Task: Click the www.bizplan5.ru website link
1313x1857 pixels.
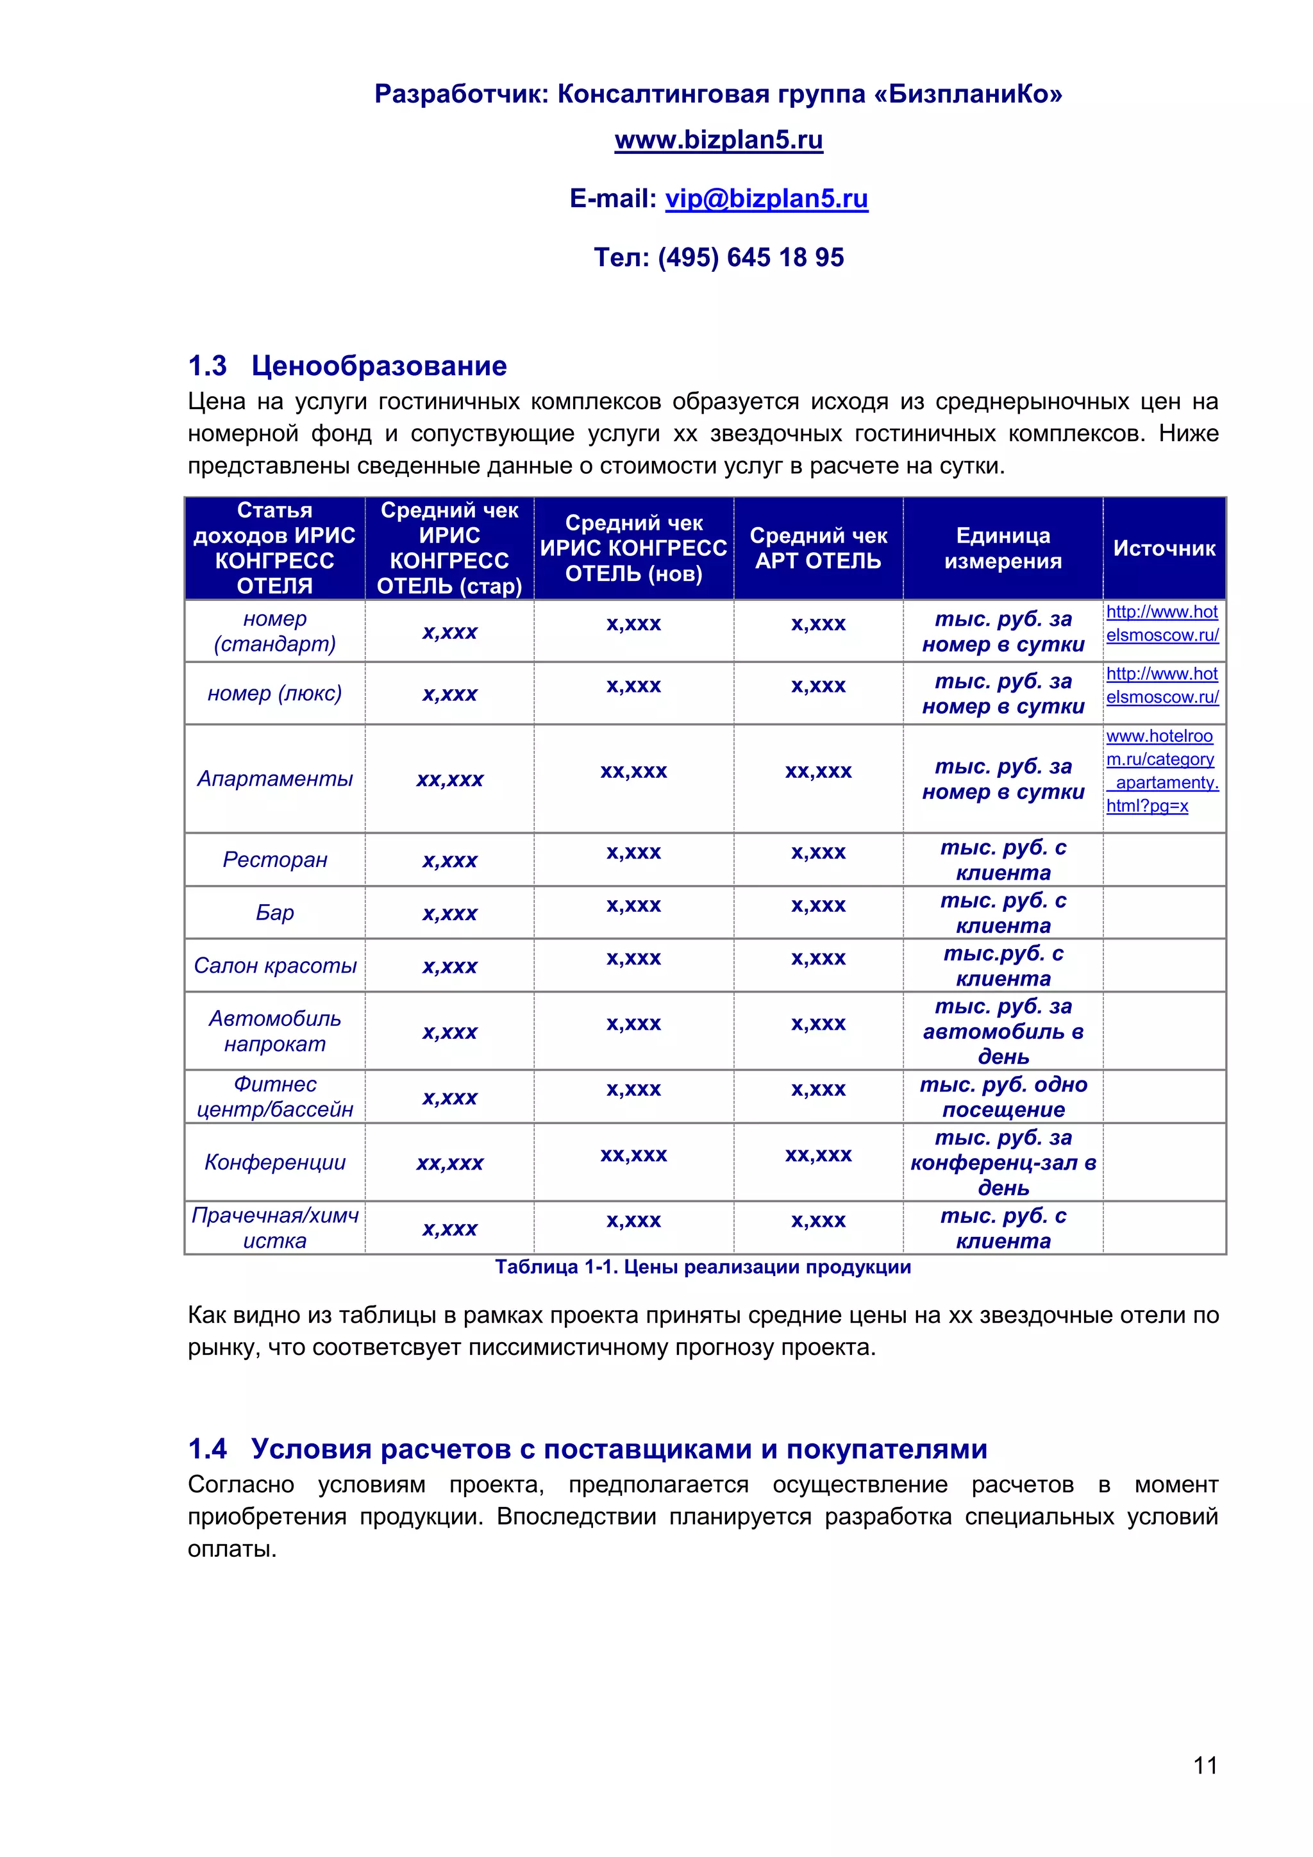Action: tap(718, 140)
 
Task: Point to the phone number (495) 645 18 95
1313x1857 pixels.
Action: tap(750, 257)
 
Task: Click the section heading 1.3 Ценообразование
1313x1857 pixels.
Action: tap(347, 366)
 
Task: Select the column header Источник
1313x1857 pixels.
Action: tap(1164, 548)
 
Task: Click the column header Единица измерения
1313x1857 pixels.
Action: tap(1003, 548)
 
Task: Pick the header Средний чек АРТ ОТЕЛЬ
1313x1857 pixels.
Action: tap(818, 548)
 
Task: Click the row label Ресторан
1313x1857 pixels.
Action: tap(275, 860)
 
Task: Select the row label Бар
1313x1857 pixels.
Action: tap(275, 913)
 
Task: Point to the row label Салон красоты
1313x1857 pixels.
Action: tap(275, 966)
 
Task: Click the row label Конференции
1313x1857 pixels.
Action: tap(275, 1163)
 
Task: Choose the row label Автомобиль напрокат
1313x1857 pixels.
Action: tap(275, 1031)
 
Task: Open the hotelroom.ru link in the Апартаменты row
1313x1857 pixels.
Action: tap(1161, 771)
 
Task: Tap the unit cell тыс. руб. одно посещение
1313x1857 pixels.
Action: tap(1003, 1097)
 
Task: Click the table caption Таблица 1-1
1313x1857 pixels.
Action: tap(702, 1267)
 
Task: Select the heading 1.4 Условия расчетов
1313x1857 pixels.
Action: tap(587, 1449)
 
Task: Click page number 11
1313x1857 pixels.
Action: tap(1205, 1765)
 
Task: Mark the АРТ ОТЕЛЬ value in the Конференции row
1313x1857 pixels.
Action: tap(818, 1155)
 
